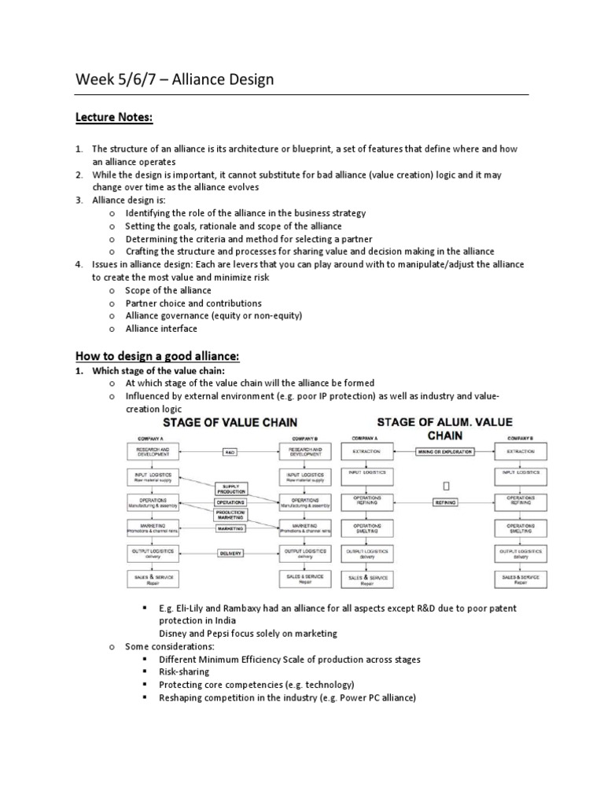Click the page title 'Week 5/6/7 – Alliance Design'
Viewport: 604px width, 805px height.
tap(174, 79)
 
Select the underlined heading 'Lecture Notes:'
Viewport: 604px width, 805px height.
tap(114, 117)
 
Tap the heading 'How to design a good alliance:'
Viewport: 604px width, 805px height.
tap(157, 356)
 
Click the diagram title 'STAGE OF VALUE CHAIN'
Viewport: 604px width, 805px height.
tap(230, 423)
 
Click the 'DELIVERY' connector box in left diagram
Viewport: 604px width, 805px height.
tap(230, 553)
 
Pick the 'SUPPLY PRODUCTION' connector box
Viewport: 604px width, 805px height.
tap(230, 490)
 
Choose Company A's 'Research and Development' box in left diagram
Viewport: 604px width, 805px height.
tap(153, 451)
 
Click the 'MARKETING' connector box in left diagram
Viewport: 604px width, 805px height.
tap(230, 529)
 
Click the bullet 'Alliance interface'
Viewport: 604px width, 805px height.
tap(161, 329)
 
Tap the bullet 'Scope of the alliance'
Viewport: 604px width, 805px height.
tap(168, 290)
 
